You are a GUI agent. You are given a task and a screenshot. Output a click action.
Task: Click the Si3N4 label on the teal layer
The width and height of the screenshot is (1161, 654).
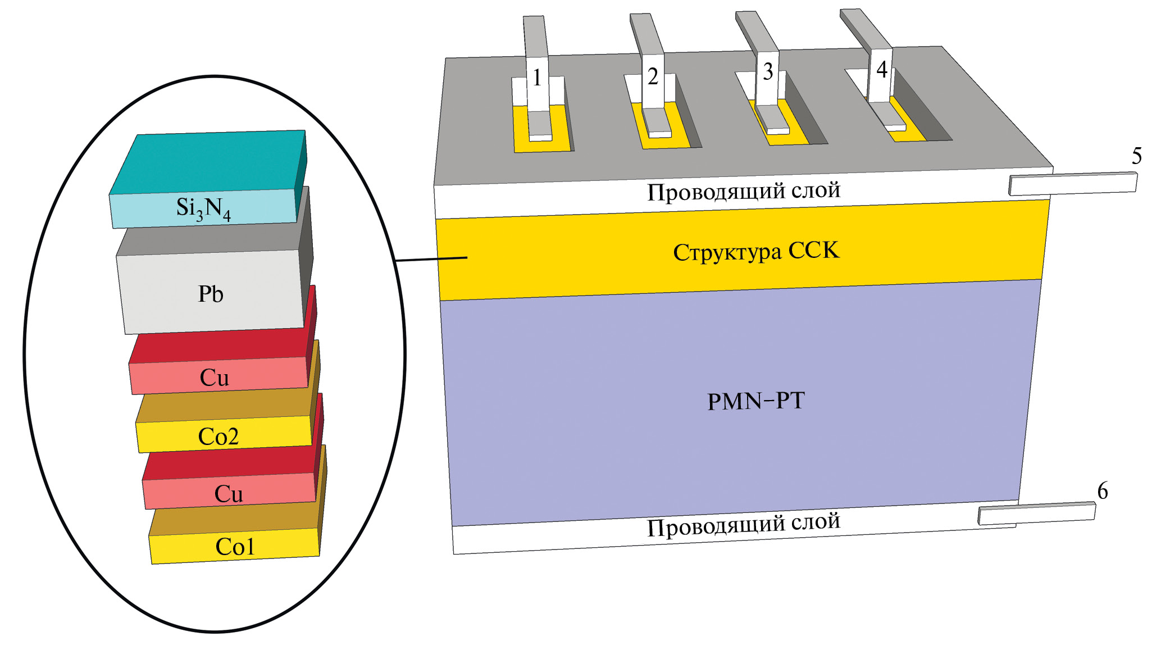203,208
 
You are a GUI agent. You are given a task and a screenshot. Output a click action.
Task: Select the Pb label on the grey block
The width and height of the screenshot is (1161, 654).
211,294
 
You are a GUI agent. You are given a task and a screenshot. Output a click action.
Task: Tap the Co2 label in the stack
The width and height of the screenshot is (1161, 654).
218,437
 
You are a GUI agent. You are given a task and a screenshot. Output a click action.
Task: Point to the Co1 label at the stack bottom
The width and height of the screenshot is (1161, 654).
235,547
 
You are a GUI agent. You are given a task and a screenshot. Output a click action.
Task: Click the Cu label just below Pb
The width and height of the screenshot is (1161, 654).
215,378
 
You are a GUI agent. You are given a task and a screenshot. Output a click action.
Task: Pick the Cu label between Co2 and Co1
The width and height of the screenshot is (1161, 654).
229,494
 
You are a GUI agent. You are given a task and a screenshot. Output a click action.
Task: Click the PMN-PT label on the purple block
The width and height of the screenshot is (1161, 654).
756,401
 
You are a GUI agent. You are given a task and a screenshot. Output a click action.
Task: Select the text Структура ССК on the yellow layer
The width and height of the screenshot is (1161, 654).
756,251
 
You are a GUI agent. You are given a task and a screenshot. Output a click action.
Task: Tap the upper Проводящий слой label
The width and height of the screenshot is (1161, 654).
744,191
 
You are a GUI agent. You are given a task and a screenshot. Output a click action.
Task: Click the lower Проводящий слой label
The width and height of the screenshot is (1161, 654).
744,525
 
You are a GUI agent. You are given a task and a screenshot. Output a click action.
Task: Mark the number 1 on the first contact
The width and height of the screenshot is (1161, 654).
537,78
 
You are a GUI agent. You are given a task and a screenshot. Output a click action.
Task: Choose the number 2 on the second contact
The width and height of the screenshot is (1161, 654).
653,76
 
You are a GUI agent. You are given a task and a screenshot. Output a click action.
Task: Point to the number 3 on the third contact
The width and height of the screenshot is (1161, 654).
768,72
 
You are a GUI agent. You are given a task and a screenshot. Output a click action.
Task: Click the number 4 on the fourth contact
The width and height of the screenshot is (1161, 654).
882,70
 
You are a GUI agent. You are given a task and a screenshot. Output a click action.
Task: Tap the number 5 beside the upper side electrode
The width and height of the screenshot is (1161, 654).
1137,156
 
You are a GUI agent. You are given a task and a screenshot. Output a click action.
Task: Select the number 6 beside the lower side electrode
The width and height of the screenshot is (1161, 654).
1103,491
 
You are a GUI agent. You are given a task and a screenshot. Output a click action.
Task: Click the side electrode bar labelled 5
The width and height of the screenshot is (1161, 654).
1073,184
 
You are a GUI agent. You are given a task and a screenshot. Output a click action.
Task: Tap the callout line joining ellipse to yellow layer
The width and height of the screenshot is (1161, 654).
431,259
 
